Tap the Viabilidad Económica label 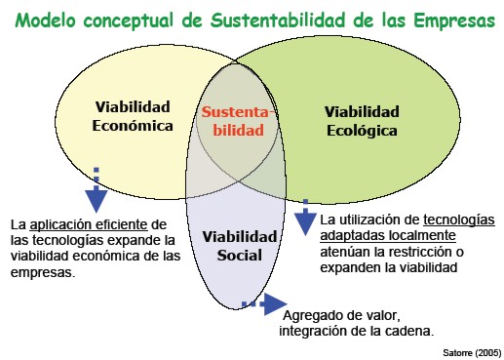tap(133, 116)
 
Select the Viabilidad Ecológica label tap(362, 121)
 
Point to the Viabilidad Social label tap(240, 246)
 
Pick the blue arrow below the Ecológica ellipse tap(305, 217)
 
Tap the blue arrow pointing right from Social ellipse tap(265, 304)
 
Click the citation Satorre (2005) tap(472, 352)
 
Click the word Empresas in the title tap(454, 20)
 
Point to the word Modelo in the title tap(45, 20)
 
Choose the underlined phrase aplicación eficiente tap(89, 224)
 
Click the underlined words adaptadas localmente tap(388, 235)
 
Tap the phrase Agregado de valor tap(341, 315)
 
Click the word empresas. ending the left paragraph tap(43, 272)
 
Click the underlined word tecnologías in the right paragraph tap(459, 220)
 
